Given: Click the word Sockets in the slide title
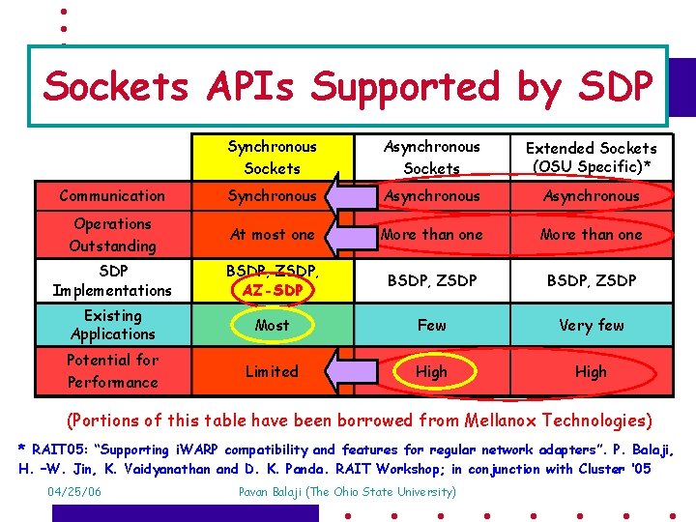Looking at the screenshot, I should (x=117, y=87).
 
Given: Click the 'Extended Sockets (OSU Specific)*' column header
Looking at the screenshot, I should (x=591, y=158).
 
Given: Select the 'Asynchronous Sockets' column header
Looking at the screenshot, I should (x=431, y=158).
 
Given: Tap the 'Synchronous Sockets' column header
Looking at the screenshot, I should (x=272, y=158).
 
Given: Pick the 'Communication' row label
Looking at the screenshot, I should (x=112, y=195).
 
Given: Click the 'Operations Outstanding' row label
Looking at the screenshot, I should (x=112, y=235).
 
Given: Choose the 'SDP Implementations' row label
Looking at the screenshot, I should (x=112, y=280).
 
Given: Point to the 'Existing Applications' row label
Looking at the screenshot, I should (x=112, y=325).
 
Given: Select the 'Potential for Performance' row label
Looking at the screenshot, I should (x=112, y=371).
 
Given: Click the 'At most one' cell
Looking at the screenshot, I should (x=272, y=235).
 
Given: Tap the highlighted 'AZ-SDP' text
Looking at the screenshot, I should (x=273, y=290).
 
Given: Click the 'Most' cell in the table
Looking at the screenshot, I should (x=272, y=326).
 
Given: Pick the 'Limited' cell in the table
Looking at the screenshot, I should (x=272, y=371).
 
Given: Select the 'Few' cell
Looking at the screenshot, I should (x=431, y=326).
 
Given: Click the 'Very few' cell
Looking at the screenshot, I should (x=591, y=326).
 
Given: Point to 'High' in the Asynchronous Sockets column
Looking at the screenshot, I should (x=431, y=371).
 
